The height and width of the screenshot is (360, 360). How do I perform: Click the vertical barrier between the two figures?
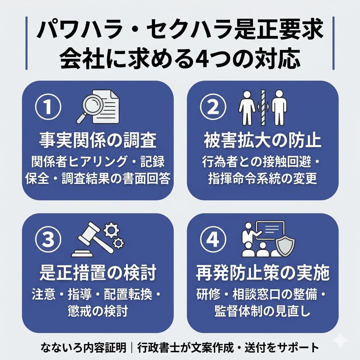[x=262, y=107]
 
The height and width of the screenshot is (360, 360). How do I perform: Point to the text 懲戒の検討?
[x=97, y=311]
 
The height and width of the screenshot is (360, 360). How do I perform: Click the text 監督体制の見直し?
[x=262, y=311]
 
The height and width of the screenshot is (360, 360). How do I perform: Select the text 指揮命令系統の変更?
[x=262, y=178]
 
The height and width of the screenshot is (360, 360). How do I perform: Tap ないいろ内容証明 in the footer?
[x=83, y=347]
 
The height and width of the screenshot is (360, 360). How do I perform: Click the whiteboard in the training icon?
[x=270, y=230]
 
